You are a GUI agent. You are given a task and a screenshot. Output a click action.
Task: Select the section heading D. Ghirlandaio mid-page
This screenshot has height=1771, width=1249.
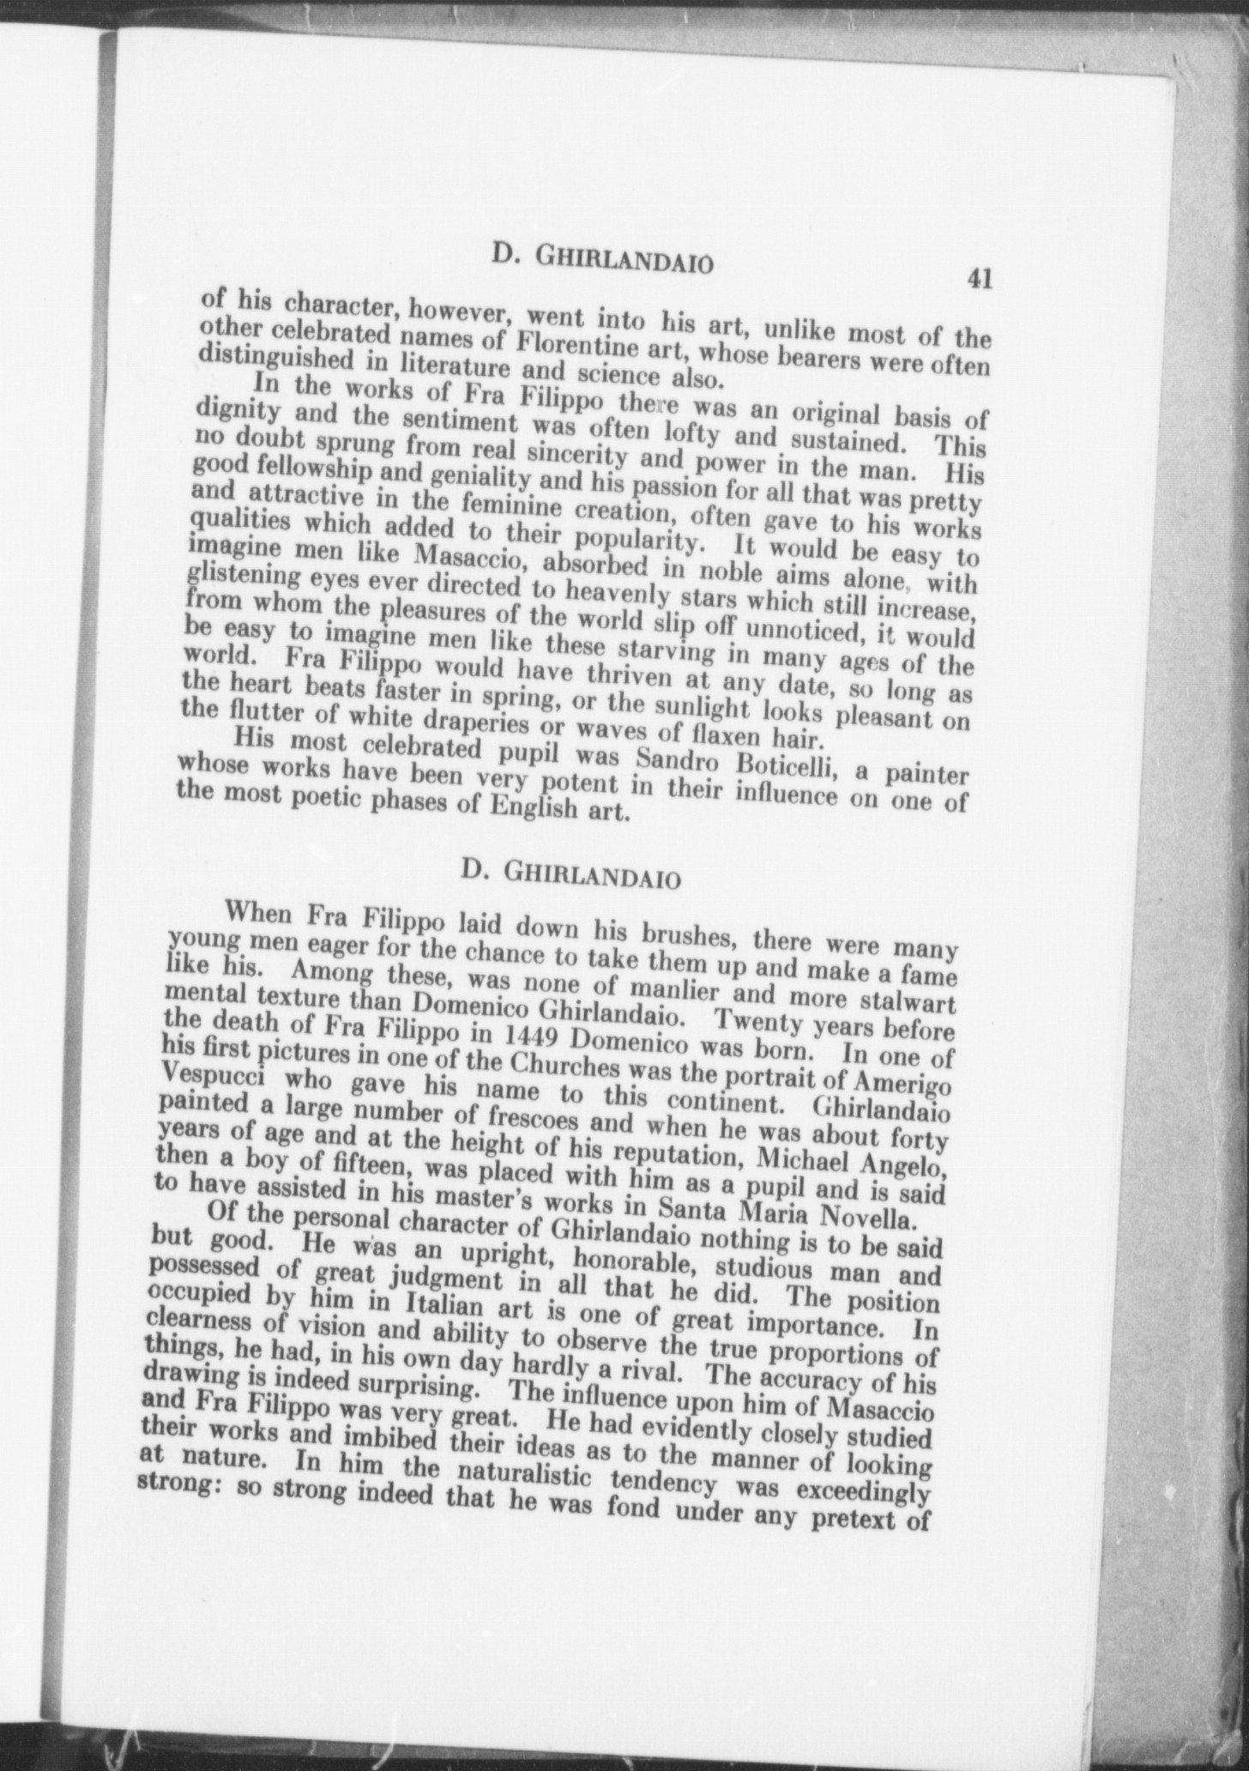571,873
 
